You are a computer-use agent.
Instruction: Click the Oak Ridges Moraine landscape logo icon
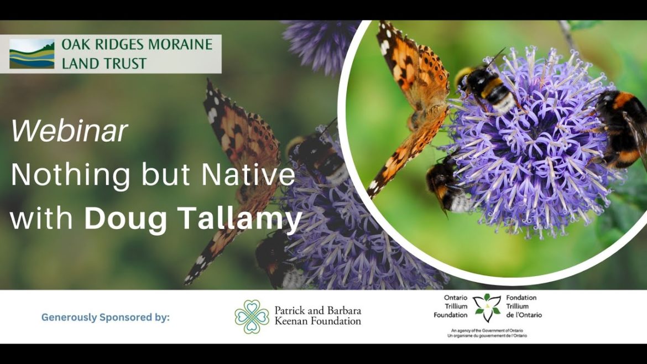point(32,54)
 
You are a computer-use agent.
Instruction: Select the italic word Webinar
point(69,131)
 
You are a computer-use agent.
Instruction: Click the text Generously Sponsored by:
point(105,318)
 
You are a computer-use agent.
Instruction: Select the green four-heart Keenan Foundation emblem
point(252,317)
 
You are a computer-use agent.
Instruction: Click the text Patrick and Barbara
point(317,311)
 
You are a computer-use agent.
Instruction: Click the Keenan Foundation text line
point(317,321)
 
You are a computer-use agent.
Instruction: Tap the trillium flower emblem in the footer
point(487,308)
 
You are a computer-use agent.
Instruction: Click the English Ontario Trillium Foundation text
point(456,306)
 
